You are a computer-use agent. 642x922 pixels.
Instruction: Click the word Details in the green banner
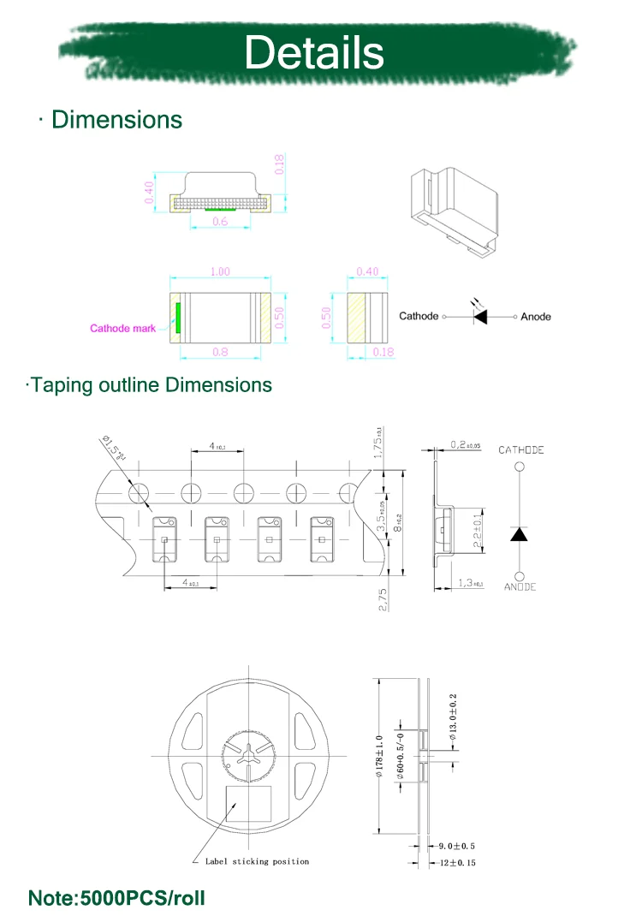tap(314, 53)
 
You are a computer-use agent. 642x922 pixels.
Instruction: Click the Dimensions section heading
tap(116, 119)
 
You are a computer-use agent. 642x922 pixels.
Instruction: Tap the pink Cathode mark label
tap(123, 328)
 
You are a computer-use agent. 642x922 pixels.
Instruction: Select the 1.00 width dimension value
tap(220, 271)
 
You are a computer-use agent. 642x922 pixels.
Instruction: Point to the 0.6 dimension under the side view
tap(220, 221)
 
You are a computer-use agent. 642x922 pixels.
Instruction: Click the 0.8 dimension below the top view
tap(220, 350)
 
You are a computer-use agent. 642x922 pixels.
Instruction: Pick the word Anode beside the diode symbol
tap(536, 317)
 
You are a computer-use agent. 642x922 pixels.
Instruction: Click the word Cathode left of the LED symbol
tap(419, 317)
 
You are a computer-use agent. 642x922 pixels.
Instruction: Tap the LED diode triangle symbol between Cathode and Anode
tap(480, 316)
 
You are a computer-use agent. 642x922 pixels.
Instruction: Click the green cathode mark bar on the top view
tap(178, 317)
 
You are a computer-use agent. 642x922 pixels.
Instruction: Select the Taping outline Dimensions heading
tap(150, 385)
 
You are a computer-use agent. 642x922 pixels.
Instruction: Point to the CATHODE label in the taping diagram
tap(521, 450)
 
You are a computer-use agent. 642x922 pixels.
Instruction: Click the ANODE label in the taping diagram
tap(520, 587)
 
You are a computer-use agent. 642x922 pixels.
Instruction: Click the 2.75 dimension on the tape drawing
tap(383, 598)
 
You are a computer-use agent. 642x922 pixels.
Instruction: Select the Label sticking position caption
tap(257, 861)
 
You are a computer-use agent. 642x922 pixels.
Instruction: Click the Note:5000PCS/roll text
tap(117, 899)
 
